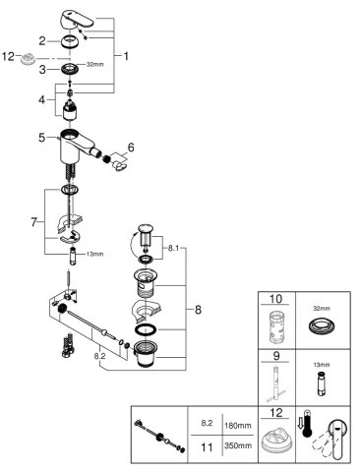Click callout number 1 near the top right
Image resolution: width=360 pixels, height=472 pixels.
coord(126,57)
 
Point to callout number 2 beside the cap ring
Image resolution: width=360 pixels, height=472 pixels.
coord(42,40)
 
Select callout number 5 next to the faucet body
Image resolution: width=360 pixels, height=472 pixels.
coord(42,138)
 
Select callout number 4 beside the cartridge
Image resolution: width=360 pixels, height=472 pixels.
coord(42,98)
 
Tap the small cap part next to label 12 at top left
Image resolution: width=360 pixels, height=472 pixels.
coord(30,60)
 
